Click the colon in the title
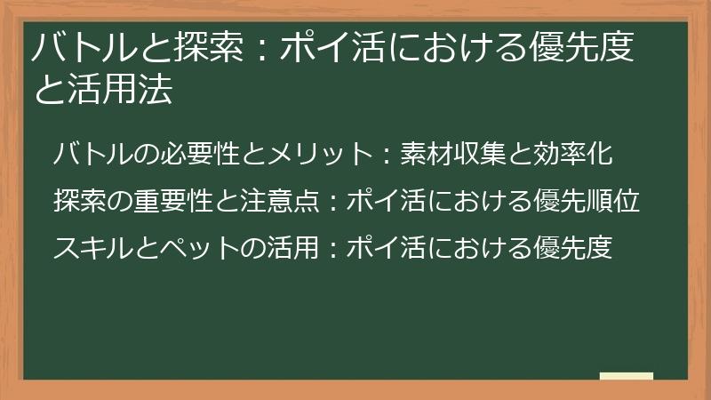tap(257, 50)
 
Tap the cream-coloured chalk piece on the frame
tap(627, 377)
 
